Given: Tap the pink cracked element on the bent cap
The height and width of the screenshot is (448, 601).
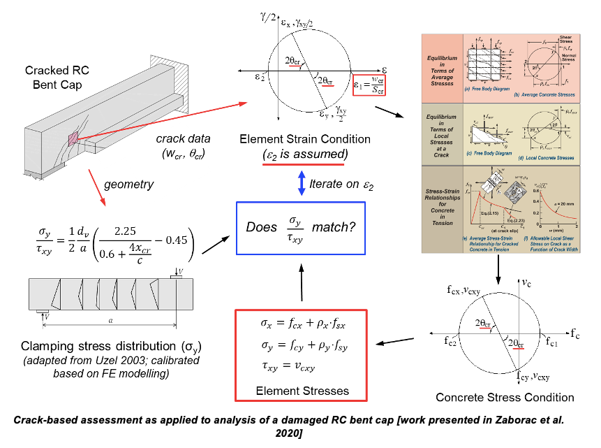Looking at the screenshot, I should (73, 138).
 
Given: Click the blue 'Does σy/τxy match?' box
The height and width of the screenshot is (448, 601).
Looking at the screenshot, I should (300, 227).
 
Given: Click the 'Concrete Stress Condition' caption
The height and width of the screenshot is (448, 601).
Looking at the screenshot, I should (505, 397).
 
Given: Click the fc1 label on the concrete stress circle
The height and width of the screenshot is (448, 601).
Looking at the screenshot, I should (551, 344).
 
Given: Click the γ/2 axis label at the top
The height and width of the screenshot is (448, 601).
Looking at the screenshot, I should (267, 11).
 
